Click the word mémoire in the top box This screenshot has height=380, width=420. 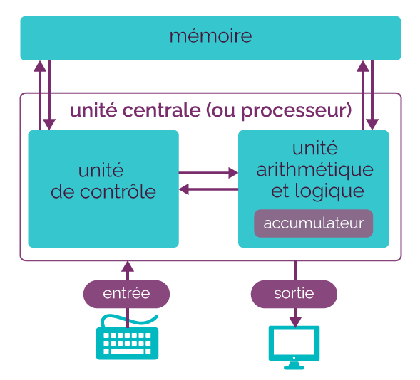210,36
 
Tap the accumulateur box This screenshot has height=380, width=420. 313,223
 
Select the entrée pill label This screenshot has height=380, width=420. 126,294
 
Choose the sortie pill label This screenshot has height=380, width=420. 294,294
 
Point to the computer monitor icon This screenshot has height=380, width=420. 294,347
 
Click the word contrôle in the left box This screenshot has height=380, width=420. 118,192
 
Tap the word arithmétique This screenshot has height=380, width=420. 315,170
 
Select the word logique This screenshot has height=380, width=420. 329,191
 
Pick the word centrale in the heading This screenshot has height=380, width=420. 162,110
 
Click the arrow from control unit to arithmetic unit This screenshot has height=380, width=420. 208,173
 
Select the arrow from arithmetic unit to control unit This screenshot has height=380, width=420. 208,189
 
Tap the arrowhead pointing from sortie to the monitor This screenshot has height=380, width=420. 295,322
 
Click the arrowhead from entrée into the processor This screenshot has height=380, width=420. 128,267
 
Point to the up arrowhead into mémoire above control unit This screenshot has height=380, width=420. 40,66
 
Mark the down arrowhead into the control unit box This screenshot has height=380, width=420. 49,125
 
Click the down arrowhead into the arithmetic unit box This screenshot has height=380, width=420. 372,125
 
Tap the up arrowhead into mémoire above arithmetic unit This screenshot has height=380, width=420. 363,66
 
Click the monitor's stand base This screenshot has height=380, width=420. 294,367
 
